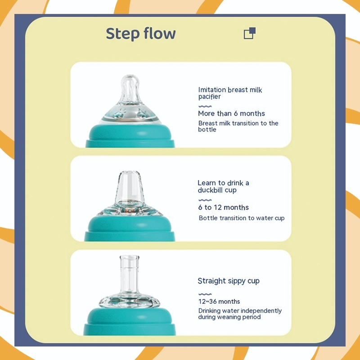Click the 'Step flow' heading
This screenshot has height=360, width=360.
pos(141,34)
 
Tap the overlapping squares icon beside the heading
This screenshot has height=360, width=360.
pos(250,33)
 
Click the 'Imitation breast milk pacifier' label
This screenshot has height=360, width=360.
pos(230,93)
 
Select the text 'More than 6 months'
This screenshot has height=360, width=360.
pos(231,113)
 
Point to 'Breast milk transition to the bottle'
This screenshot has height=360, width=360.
pos(238,126)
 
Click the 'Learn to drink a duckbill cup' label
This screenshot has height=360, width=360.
pos(223,186)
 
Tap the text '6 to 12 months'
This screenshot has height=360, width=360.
pos(223,207)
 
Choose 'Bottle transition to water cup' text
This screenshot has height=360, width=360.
pos(242,218)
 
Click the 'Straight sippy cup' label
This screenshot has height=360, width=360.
pos(229,281)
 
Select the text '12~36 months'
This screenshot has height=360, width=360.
pos(219,301)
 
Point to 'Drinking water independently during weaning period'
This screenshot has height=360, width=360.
pos(240,314)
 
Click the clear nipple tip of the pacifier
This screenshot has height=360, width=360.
pos(130,88)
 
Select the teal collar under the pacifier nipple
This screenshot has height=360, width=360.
pos(130,136)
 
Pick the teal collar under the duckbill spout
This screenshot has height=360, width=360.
pos(130,229)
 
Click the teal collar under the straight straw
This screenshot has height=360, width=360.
pos(130,321)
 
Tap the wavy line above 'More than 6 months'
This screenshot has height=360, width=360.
pos(205,106)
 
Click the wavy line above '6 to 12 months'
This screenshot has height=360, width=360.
pos(205,200)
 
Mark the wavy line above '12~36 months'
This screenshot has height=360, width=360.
pos(205,294)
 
